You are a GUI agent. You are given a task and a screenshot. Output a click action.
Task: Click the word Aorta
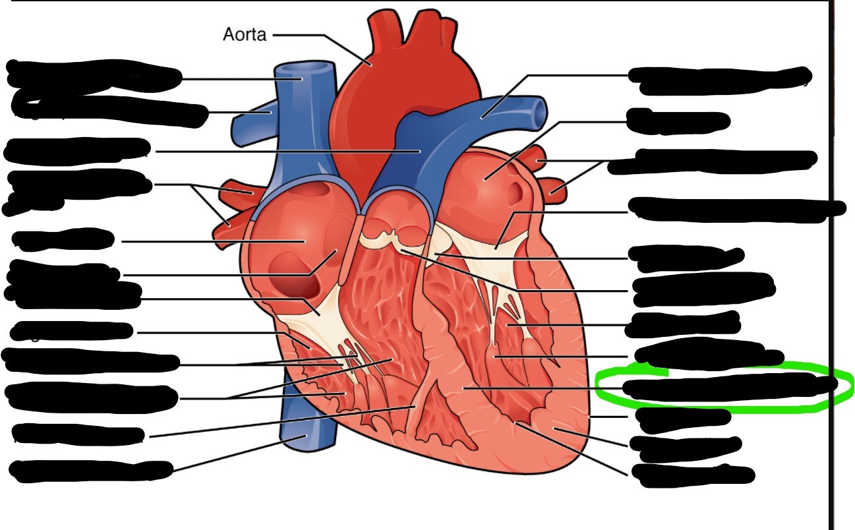tap(245, 34)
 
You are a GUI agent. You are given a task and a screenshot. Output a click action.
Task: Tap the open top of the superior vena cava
tap(304, 69)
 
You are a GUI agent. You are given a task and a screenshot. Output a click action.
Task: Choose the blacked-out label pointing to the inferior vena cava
tap(89, 470)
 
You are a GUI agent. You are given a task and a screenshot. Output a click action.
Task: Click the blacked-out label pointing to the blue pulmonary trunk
tap(76, 151)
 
